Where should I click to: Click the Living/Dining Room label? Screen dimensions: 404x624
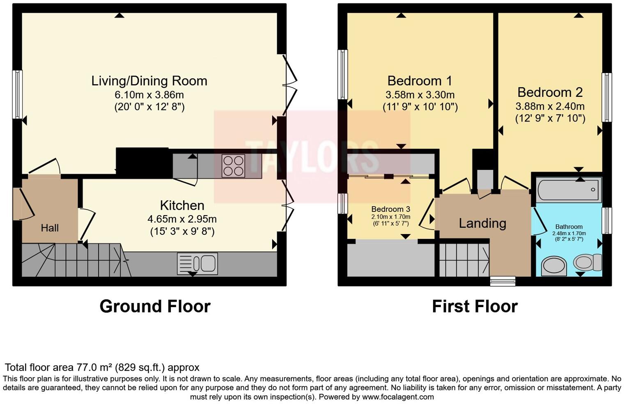point(149,81)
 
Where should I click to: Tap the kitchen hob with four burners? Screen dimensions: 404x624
point(233,166)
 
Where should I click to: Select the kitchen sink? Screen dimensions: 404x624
point(197,264)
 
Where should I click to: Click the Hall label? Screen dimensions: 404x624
point(50,228)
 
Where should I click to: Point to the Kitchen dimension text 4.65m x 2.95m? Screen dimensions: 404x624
point(182,219)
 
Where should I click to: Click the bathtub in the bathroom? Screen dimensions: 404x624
point(569,189)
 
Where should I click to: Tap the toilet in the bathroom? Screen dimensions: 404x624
point(588,262)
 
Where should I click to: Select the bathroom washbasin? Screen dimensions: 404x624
point(554,266)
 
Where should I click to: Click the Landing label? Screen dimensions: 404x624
point(482,223)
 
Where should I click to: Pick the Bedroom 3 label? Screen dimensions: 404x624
point(390,209)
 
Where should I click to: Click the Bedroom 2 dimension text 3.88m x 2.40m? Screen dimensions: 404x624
point(550,106)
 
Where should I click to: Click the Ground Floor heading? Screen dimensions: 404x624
point(155,306)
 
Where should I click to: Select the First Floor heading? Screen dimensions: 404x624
point(475,306)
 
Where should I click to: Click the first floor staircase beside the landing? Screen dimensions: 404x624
point(464,260)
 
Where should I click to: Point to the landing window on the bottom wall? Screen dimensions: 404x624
point(503,281)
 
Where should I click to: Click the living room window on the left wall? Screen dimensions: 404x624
point(17,94)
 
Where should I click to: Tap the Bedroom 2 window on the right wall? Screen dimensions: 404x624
point(606,97)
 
